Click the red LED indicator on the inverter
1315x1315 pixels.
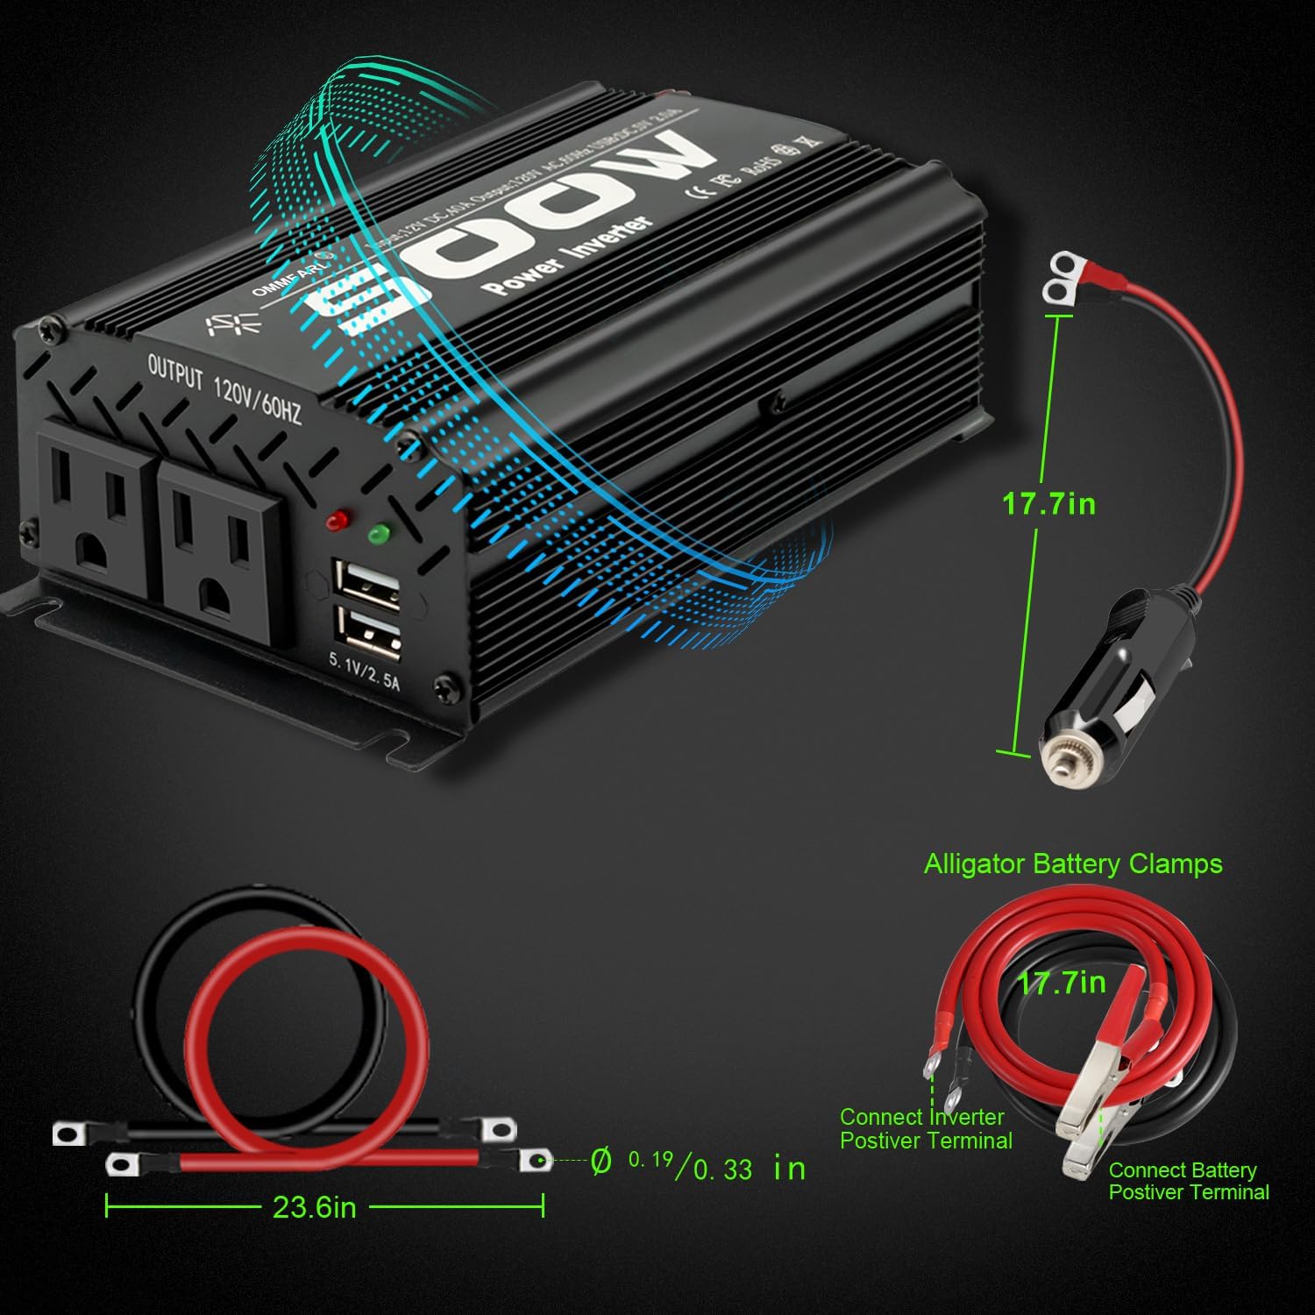(x=333, y=522)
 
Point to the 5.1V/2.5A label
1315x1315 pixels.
(x=364, y=672)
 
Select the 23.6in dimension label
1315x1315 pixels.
(x=314, y=1208)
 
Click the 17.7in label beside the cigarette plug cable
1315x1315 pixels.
(x=1048, y=504)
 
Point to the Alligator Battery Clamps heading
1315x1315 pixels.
(x=1073, y=864)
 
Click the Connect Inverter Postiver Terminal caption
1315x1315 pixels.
(x=926, y=1128)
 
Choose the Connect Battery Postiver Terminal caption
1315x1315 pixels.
(x=1188, y=1181)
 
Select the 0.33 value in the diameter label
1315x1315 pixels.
(x=722, y=1169)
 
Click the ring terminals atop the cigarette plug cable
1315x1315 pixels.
(x=1059, y=280)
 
